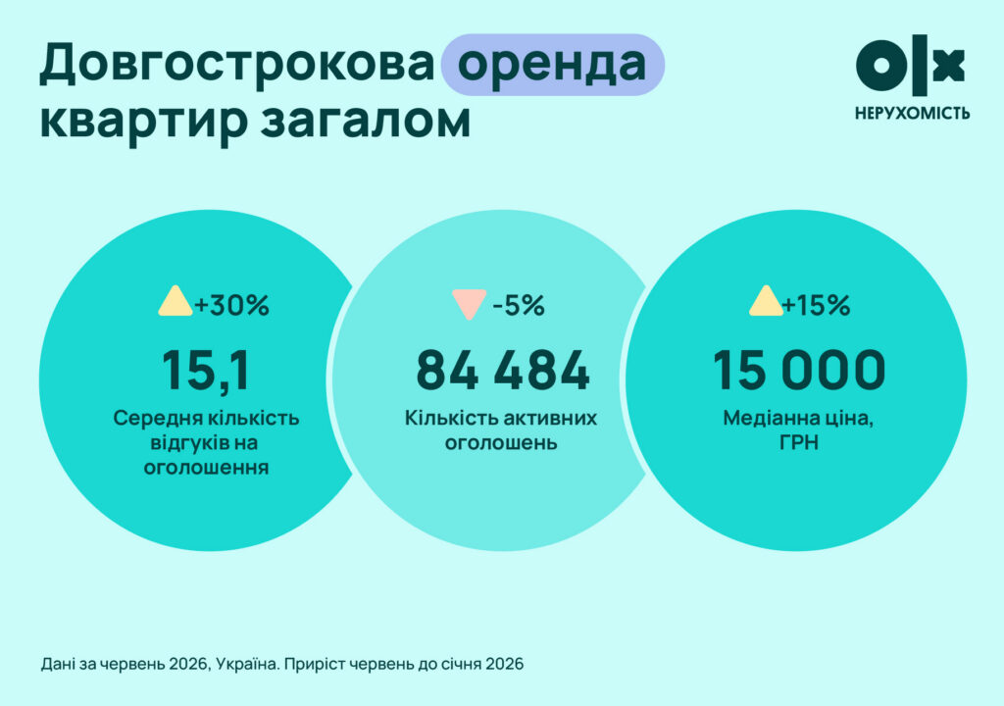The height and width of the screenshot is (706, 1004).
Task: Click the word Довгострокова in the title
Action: point(237,64)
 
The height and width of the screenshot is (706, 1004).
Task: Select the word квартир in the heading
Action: point(143,122)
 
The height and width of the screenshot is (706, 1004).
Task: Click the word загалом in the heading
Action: point(366,121)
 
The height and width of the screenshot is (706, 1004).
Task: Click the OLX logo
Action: point(910,64)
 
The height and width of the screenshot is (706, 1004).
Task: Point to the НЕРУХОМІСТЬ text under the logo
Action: point(912,114)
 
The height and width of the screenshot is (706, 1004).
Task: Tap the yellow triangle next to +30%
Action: point(176,301)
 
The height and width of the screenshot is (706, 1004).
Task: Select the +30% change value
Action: point(231,305)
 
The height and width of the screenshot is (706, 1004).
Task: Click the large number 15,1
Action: point(205,370)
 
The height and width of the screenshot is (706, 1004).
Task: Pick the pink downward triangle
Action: point(469,303)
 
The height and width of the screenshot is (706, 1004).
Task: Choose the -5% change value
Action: point(518,306)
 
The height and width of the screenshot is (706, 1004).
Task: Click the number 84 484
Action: point(503,370)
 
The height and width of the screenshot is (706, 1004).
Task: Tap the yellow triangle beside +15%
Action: point(766,301)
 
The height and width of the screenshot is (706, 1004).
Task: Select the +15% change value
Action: point(816,305)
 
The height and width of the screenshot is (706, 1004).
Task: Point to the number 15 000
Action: point(799,370)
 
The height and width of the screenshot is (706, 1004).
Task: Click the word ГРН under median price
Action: point(799,442)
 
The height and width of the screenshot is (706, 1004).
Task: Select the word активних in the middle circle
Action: point(550,419)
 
